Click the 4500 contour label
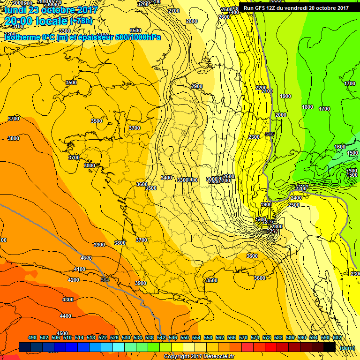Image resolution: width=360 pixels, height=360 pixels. (62, 333)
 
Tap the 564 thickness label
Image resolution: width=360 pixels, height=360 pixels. (105, 280)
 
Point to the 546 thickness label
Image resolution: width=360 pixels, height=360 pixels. (269, 135)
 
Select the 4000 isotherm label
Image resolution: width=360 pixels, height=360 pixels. (86, 258)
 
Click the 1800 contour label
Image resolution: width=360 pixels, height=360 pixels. (307, 107)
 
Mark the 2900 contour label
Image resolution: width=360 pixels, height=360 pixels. (197, 87)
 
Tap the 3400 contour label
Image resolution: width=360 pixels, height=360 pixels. (166, 178)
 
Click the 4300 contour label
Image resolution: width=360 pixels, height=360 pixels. (68, 300)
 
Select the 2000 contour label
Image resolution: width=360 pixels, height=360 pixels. (281, 115)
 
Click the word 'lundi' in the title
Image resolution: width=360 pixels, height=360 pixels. (15, 10)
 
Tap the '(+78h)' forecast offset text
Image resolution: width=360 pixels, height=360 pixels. (81, 22)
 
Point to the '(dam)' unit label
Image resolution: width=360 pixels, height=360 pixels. (347, 348)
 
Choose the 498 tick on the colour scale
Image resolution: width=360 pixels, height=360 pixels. (32, 338)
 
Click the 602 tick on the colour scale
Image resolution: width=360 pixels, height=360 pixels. (337, 338)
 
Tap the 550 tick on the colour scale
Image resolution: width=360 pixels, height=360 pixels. (185, 338)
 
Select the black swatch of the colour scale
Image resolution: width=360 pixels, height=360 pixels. (329, 347)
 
